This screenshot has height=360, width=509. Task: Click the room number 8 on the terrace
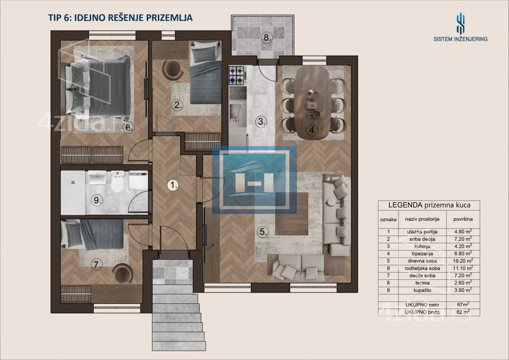click(x=267, y=37)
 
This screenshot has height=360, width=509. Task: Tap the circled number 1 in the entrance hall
click(x=173, y=185)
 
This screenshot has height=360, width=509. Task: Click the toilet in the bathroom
click(x=117, y=182)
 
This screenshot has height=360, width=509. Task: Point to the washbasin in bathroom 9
click(x=97, y=178)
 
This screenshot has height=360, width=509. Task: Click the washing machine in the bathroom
click(x=138, y=181)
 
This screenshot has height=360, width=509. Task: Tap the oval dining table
click(x=313, y=103)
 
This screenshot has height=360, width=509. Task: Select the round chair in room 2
click(x=173, y=70)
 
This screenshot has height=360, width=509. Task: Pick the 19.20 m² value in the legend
click(x=463, y=261)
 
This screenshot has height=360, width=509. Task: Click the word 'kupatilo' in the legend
click(x=422, y=290)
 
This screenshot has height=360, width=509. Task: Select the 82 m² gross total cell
click(x=463, y=312)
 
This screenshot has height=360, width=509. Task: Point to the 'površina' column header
click(x=463, y=219)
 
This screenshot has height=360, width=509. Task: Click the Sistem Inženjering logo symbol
click(x=460, y=23)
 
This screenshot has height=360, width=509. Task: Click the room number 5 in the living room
click(x=263, y=232)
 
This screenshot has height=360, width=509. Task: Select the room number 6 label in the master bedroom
click(x=129, y=127)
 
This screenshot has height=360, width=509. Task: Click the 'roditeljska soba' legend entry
click(x=422, y=268)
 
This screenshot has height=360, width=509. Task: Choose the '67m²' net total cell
click(x=463, y=304)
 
